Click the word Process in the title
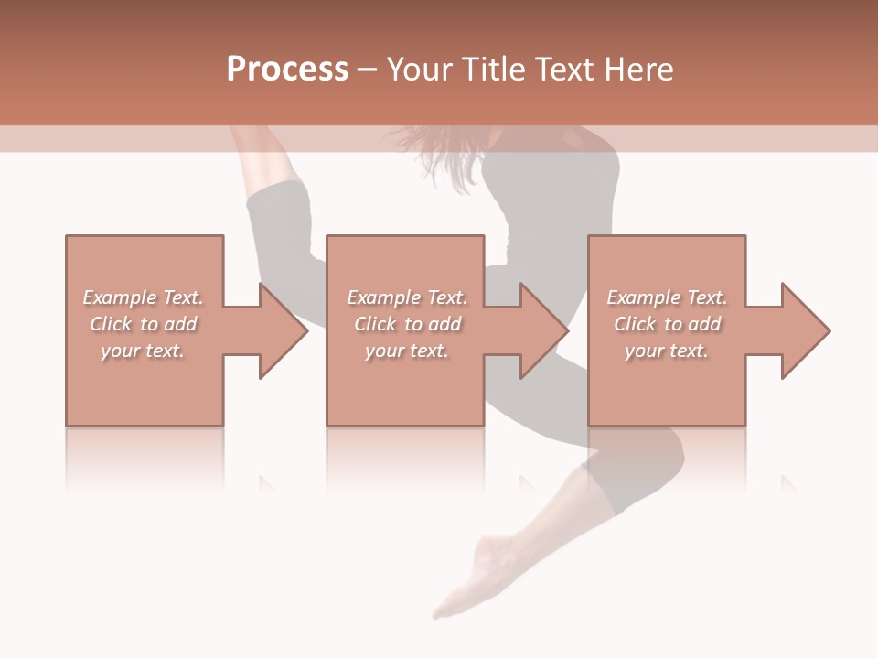coord(287,70)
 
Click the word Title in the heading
coord(488,70)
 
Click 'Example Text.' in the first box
coord(143,297)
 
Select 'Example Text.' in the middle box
coord(406,297)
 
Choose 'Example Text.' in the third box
coord(667,297)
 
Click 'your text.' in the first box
coord(143,351)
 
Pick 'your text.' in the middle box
coord(406,351)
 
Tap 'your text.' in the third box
coord(667,351)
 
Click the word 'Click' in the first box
coord(111,324)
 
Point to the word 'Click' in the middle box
coord(375,324)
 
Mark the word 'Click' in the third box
coord(635,324)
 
